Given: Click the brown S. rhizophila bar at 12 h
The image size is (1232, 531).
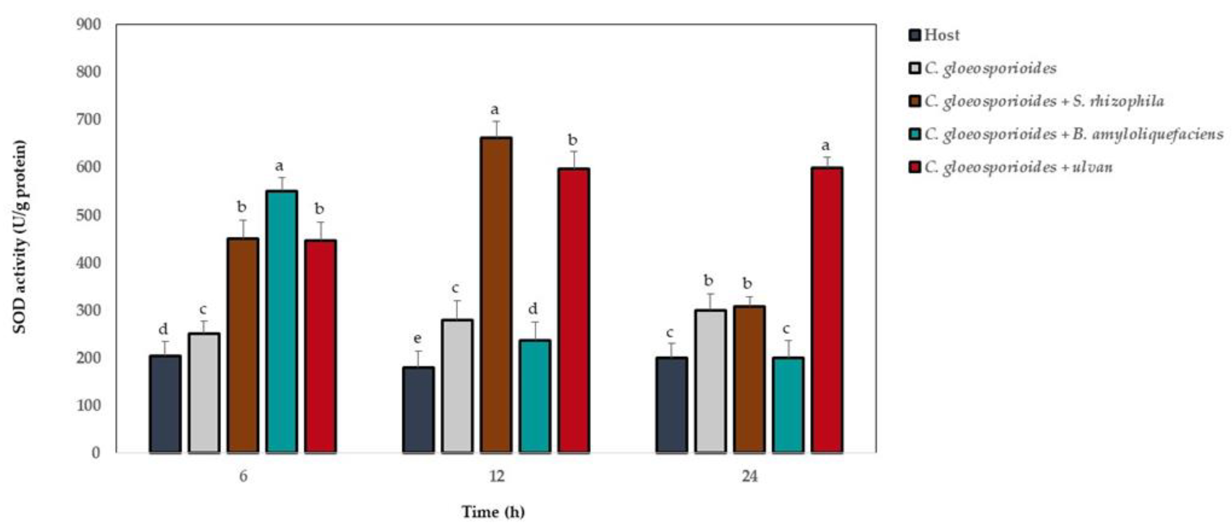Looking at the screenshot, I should [496, 294].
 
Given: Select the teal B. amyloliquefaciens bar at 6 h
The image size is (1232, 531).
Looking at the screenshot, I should [282, 321].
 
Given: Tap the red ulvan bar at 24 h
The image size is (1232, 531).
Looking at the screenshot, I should [827, 309].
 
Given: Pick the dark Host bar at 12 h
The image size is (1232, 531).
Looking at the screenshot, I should [418, 409].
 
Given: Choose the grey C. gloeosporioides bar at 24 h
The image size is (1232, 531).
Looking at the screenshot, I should [710, 381].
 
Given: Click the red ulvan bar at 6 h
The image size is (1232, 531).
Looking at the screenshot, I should [320, 346].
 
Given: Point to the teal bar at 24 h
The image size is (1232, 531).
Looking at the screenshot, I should [788, 404].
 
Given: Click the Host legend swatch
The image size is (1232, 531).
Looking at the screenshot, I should [914, 35].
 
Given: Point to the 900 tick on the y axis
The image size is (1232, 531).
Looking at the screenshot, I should [89, 24].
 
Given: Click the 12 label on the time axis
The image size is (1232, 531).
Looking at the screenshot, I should [497, 476].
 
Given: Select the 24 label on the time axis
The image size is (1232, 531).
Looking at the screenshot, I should [750, 476].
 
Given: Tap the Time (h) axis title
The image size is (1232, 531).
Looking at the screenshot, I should [493, 512].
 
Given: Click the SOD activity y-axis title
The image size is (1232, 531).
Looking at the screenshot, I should [20, 237].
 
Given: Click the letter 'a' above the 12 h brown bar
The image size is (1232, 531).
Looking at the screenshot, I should [495, 110].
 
